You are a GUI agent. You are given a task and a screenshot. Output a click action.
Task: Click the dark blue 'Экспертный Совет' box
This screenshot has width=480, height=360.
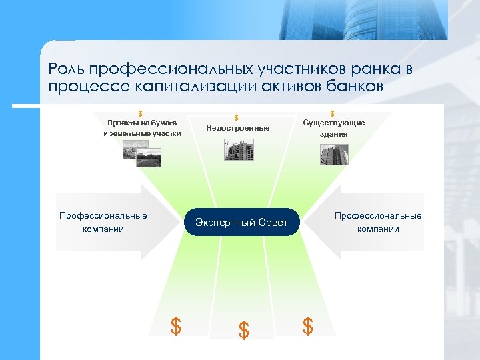click(241, 223)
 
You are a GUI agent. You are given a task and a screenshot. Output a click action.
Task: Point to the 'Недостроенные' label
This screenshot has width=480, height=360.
click(238, 128)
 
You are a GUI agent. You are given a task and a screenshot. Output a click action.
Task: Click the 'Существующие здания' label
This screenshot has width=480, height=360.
click(333, 128)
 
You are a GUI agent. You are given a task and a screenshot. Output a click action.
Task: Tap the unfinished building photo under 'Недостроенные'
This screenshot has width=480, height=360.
click(239, 149)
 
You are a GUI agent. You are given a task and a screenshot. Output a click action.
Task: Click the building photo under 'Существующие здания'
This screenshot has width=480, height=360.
click(333, 155)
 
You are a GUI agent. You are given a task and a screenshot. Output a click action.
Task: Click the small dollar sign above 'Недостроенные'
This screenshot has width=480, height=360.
click(236, 117)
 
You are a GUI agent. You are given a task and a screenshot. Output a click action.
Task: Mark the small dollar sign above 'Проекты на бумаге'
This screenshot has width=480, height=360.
click(140, 113)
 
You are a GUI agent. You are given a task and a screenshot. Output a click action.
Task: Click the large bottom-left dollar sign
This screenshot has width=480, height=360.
click(175, 327)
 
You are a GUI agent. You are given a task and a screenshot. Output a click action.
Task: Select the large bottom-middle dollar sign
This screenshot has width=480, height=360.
click(244, 330)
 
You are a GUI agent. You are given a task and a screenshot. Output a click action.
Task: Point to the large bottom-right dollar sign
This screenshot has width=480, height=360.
click(307, 326)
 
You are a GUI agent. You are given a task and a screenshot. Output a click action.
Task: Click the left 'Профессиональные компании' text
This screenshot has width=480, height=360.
click(103, 222)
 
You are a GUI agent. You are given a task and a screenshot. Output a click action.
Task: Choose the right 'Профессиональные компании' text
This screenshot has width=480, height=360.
click(378, 222)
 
